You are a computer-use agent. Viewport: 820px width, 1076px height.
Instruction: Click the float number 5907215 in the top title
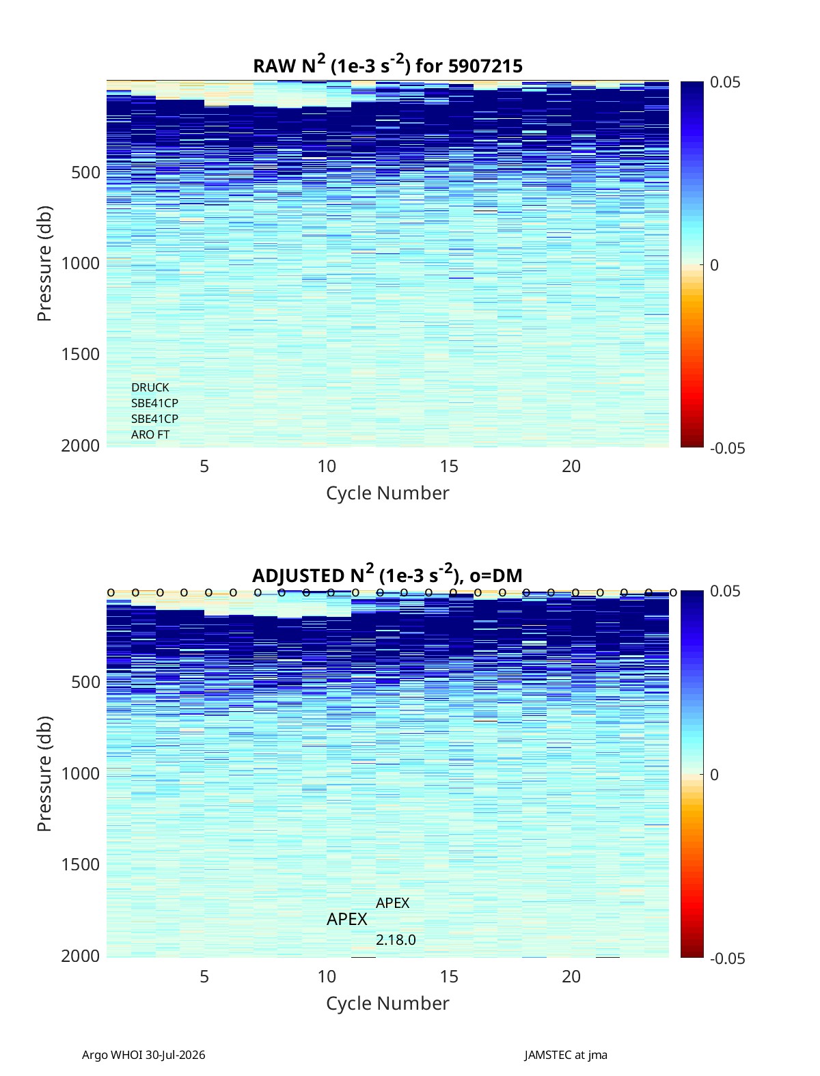tap(485, 66)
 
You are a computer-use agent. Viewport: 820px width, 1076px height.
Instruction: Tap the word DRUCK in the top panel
tap(150, 387)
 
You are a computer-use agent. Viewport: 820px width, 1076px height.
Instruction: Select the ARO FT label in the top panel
tap(150, 434)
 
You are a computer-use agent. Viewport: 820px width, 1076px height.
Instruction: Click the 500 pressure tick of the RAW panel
tap(86, 173)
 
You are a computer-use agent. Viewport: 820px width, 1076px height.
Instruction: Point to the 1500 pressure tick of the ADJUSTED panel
tap(81, 864)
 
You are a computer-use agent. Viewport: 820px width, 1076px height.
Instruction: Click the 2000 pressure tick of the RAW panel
tap(81, 446)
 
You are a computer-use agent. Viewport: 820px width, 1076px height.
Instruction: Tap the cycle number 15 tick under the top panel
tap(448, 466)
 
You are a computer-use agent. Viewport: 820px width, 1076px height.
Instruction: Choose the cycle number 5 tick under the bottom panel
tap(204, 976)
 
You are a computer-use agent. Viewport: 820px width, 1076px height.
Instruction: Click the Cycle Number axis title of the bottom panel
tap(387, 1004)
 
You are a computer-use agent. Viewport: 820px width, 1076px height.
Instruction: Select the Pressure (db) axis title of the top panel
tap(44, 264)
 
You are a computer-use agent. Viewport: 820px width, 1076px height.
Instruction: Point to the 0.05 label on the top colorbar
tap(725, 82)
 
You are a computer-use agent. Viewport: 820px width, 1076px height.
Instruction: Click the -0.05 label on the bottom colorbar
tap(727, 958)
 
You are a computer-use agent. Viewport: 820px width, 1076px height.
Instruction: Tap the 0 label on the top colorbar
tap(715, 265)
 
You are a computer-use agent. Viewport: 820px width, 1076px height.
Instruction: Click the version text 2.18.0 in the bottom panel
tap(396, 940)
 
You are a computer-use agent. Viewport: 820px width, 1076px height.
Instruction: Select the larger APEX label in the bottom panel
tap(346, 919)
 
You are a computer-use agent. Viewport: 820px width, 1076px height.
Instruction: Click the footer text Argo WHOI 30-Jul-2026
tap(143, 1055)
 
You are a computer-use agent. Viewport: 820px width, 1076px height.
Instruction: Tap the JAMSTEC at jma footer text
tap(566, 1055)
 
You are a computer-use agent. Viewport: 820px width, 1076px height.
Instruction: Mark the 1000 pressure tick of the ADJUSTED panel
tap(81, 773)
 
